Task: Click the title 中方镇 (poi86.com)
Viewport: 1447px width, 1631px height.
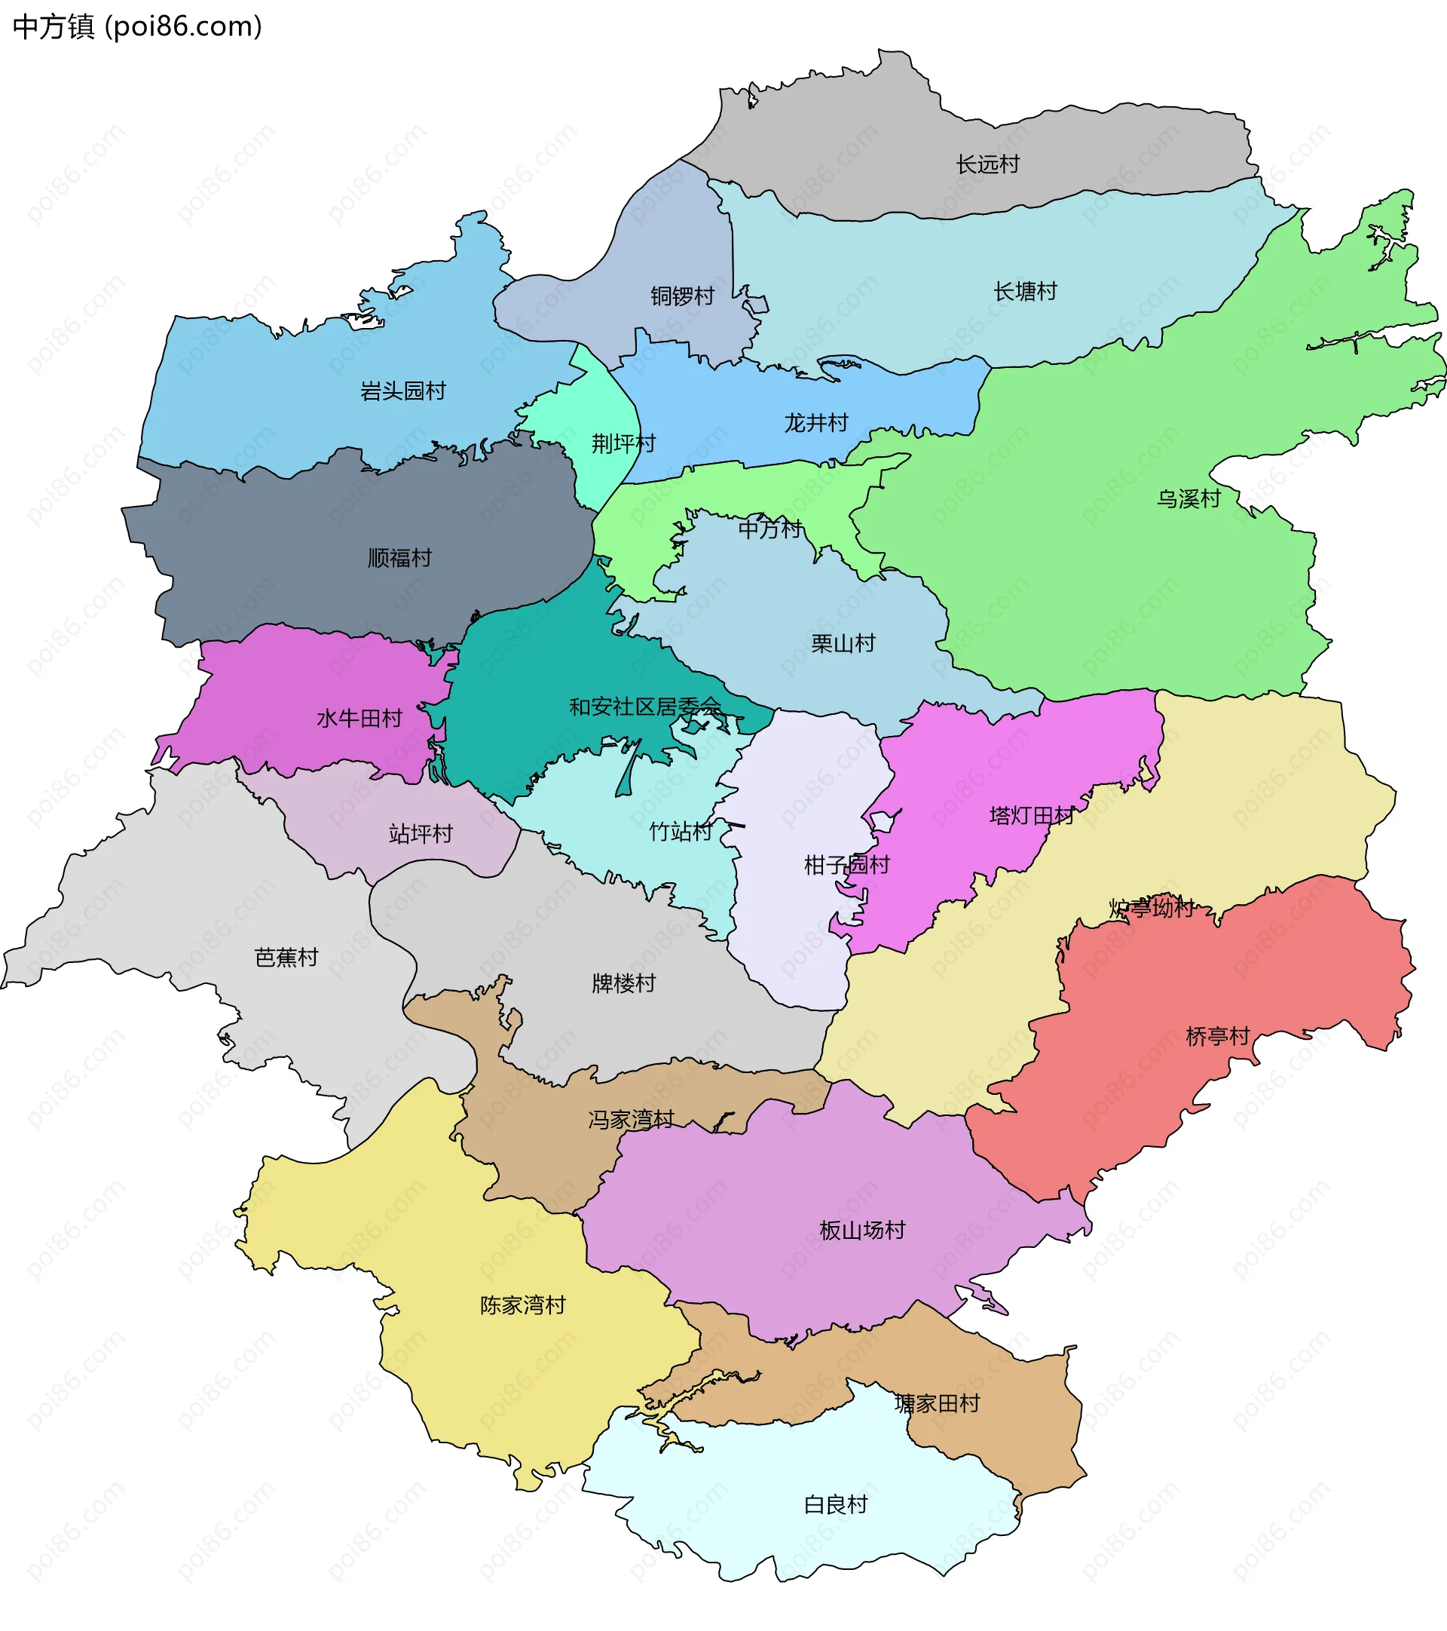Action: [x=137, y=26]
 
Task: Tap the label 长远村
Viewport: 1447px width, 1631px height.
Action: [x=987, y=164]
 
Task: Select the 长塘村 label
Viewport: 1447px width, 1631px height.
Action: [x=1025, y=291]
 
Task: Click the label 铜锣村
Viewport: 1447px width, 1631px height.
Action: [x=682, y=296]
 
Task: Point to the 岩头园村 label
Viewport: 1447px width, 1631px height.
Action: [x=403, y=391]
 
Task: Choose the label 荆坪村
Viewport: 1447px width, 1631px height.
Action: [x=623, y=443]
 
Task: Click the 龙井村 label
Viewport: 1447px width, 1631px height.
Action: [x=815, y=423]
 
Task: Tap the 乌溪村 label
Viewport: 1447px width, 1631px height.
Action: [x=1188, y=498]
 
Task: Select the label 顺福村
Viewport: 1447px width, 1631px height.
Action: [x=399, y=558]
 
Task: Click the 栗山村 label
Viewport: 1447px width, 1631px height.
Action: [x=843, y=643]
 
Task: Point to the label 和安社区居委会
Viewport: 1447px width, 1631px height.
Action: [x=644, y=707]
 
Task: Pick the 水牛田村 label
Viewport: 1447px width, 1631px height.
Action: [x=359, y=719]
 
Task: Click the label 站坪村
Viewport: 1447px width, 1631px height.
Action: [x=421, y=834]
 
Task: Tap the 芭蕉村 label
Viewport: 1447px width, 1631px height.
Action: [x=286, y=957]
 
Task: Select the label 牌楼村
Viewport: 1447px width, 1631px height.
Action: [x=623, y=983]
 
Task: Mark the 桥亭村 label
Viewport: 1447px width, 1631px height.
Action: [x=1217, y=1037]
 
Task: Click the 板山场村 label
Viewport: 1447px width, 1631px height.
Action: [x=862, y=1230]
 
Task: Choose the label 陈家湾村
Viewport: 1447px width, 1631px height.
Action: [x=522, y=1304]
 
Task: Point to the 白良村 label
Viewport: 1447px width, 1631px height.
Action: [x=835, y=1504]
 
